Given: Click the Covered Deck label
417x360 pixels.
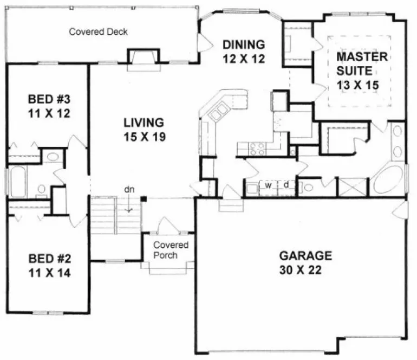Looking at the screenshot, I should point(98,31).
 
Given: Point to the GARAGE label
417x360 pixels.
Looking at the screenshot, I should point(305,255).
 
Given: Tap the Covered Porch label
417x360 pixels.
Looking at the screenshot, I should point(170,250).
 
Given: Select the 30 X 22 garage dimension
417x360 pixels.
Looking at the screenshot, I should point(305,270).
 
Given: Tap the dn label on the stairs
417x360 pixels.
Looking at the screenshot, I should point(129,190).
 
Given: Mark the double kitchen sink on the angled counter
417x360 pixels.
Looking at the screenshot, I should point(220,112).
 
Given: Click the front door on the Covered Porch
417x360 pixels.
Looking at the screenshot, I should point(165,227).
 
